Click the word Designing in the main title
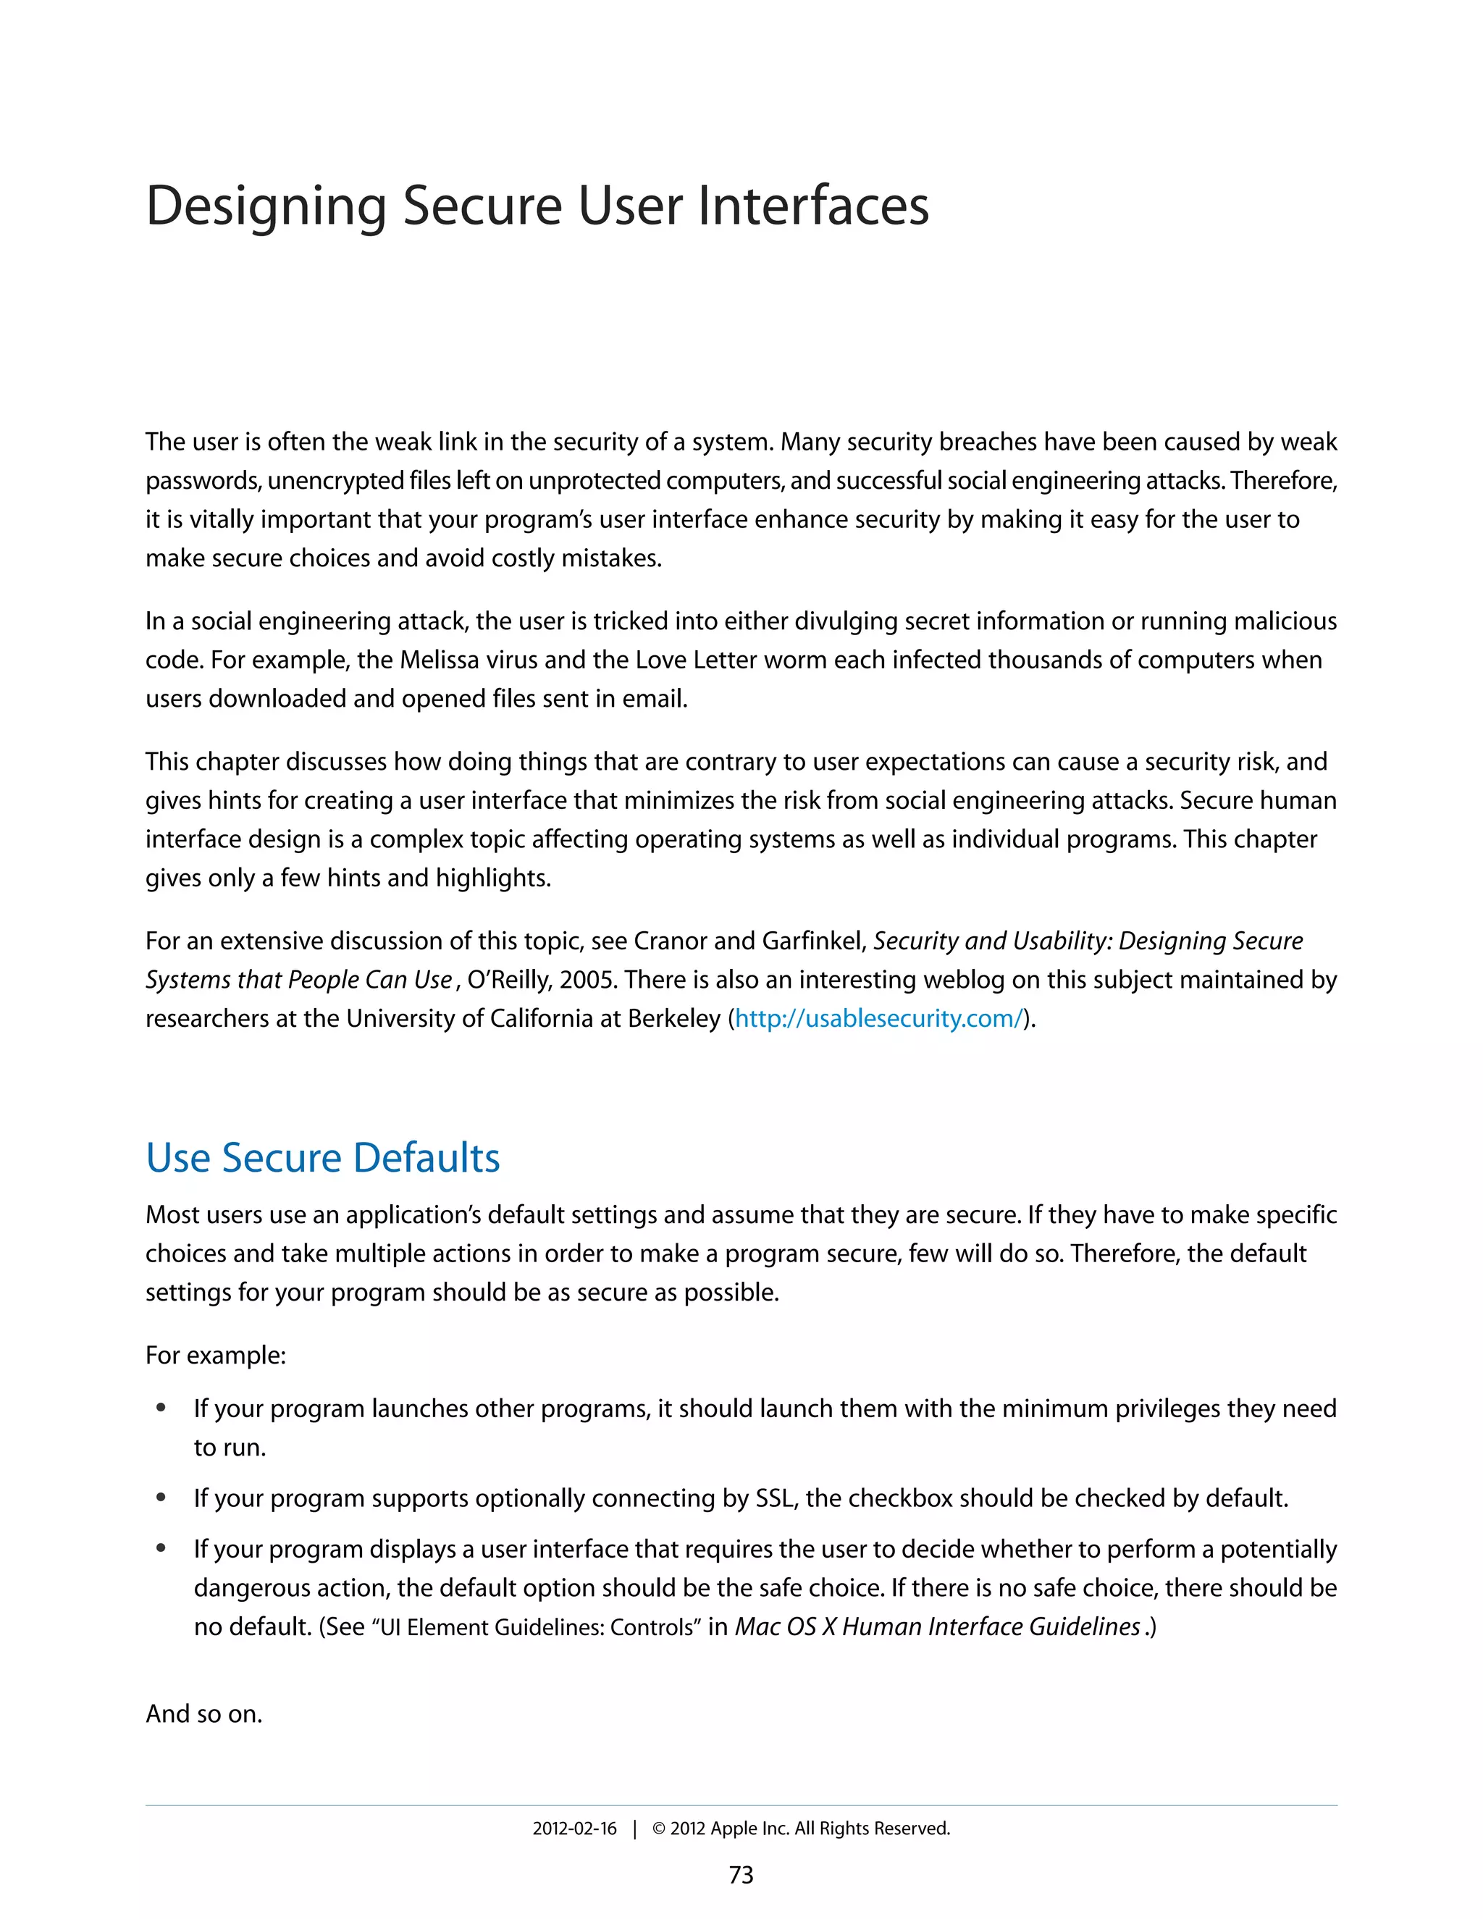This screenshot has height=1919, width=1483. [265, 207]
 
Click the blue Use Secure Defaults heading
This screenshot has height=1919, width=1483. [322, 1158]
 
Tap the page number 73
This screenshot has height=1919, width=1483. [741, 1875]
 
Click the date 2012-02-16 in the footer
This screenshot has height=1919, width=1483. [574, 1828]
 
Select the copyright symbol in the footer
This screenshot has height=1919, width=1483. [659, 1828]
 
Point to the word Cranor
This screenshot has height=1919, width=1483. [671, 941]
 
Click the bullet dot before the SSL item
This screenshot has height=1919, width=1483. [161, 1498]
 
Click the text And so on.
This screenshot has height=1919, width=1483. [203, 1714]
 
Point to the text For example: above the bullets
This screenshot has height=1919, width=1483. [215, 1356]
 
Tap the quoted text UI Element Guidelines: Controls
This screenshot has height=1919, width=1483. [536, 1628]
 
